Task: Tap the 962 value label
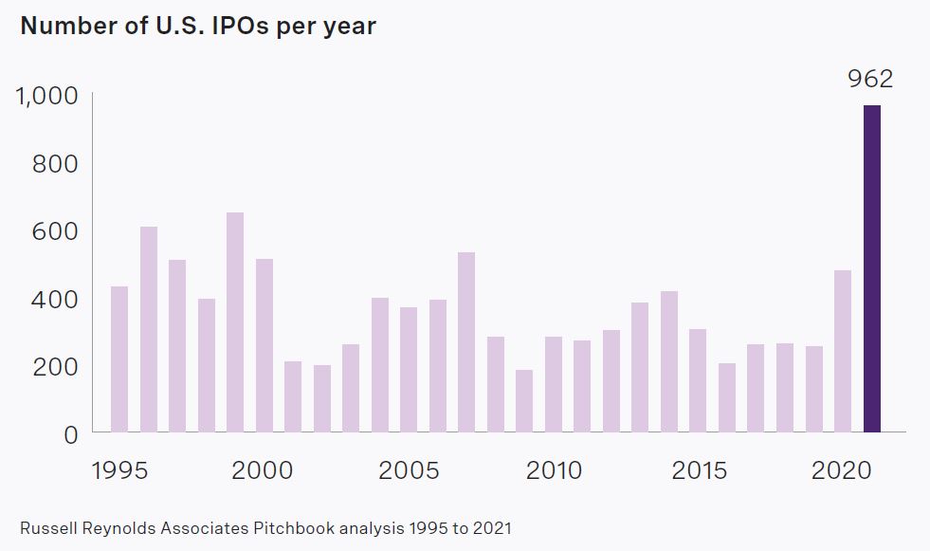point(871,79)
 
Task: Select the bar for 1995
point(119,359)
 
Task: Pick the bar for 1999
point(235,322)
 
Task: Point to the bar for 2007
point(466,342)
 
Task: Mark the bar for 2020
point(843,351)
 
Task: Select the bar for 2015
point(698,380)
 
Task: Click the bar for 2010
point(554,384)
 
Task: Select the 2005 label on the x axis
point(409,471)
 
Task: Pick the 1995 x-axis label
point(119,471)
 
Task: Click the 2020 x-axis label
point(843,471)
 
